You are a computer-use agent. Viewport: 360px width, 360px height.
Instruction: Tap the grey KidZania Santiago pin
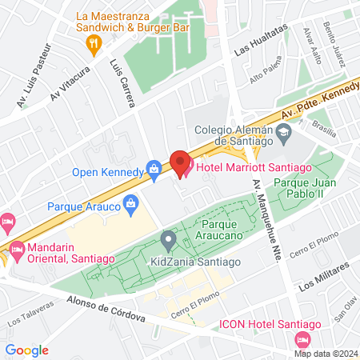click(168, 238)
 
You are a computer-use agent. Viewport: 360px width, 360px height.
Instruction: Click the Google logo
click(27, 350)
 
